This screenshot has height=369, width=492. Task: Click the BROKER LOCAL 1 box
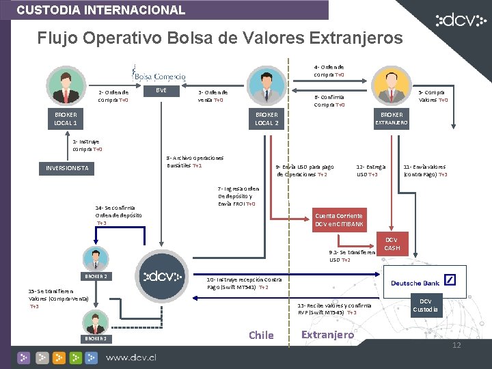(x=66, y=119)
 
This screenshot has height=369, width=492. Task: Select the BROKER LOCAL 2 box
(x=266, y=119)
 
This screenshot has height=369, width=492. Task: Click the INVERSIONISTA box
(x=67, y=168)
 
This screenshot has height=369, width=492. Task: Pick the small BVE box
(x=161, y=90)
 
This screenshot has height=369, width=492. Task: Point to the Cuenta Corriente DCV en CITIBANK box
(x=339, y=219)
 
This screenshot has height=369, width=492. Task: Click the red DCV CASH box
(x=392, y=244)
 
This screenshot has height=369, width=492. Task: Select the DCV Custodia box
(x=425, y=305)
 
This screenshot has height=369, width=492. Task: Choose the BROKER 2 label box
(x=95, y=276)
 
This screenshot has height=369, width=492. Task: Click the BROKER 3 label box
(x=95, y=339)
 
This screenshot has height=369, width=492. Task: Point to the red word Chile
(x=261, y=335)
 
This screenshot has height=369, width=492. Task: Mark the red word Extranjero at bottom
(x=328, y=334)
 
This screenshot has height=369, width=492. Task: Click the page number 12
(x=456, y=345)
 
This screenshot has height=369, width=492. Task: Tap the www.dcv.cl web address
(x=140, y=357)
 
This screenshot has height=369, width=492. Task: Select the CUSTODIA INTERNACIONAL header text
(x=101, y=10)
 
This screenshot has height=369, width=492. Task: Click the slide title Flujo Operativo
(x=220, y=38)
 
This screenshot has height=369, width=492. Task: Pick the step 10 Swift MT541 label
(x=243, y=283)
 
